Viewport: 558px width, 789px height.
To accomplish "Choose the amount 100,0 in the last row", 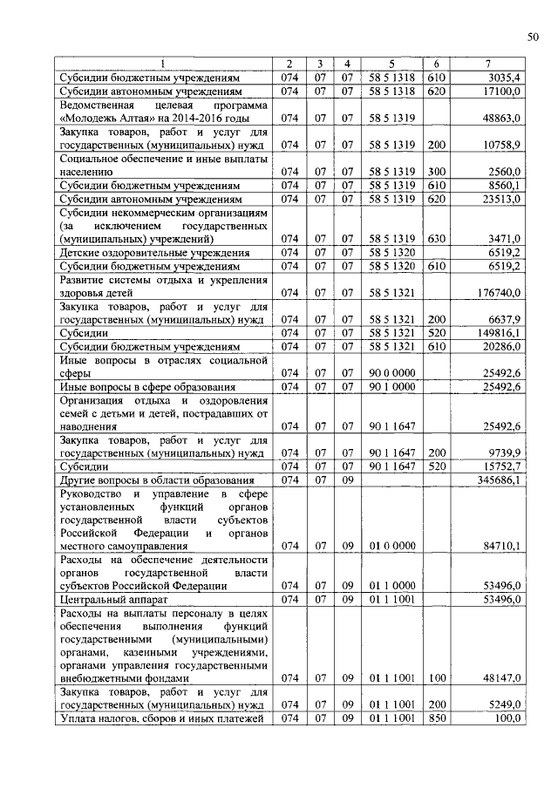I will point(507,718).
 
